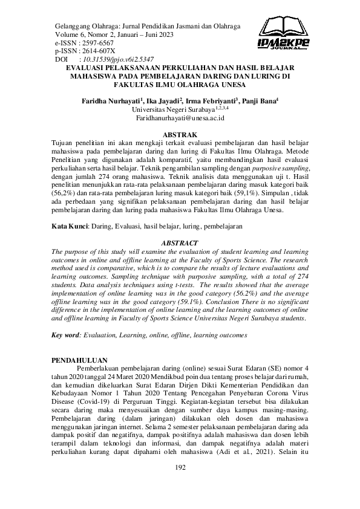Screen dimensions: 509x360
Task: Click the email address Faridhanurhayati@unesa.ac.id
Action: pos(180,120)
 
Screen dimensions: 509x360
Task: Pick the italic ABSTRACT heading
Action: pos(180,226)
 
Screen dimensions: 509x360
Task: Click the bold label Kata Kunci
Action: pos(70,209)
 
